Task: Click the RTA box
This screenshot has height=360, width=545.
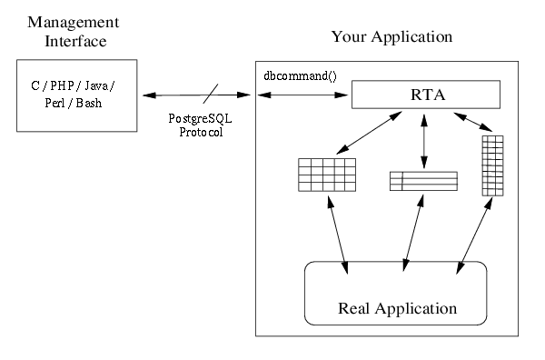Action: click(425, 93)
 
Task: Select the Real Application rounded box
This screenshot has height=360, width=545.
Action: click(395, 294)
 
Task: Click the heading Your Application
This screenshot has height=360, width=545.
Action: click(391, 37)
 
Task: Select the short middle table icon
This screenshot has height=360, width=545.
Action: click(422, 181)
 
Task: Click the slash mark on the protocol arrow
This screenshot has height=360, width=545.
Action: click(210, 93)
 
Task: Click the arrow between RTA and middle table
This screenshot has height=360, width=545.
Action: click(423, 137)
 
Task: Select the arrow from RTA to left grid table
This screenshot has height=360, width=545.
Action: click(367, 132)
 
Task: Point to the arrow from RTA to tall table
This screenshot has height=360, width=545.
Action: click(474, 120)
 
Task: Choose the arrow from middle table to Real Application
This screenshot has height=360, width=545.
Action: click(412, 231)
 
